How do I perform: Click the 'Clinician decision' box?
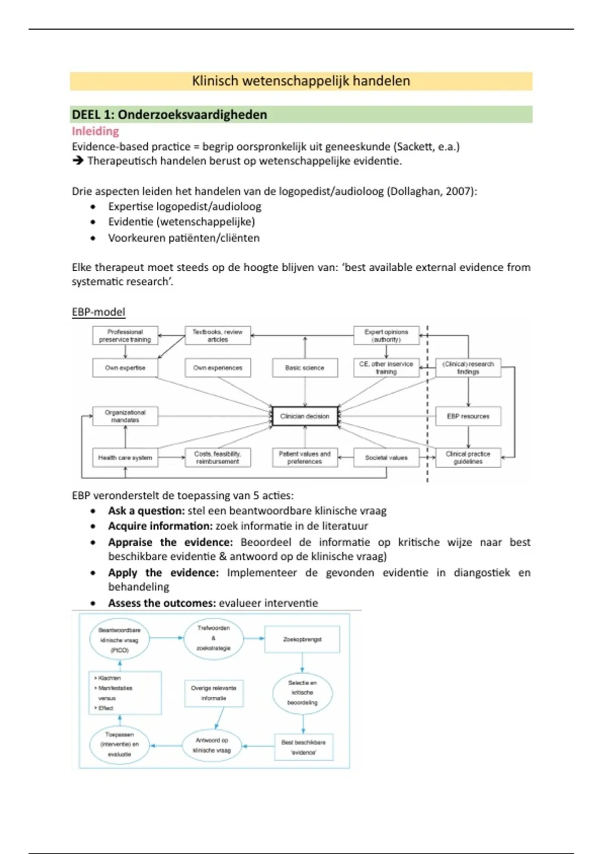pos(305,416)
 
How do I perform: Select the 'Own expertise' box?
pos(125,368)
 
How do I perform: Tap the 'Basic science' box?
pos(305,368)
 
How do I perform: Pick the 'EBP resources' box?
pos(468,416)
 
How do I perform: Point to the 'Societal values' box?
pos(386,458)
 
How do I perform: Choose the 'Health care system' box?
pos(125,458)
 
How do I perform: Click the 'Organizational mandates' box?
pos(125,416)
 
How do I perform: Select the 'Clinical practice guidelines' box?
pos(468,458)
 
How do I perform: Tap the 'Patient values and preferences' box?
pos(305,458)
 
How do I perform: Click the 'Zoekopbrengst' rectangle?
pos(302,639)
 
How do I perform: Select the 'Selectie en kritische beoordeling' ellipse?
pos(303,693)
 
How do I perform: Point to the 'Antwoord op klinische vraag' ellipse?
pos(212,745)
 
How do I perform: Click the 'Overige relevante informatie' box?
pos(214,693)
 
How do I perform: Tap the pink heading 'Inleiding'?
pos(95,131)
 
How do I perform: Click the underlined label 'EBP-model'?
pos(98,312)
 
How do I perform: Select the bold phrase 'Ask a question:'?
pos(146,511)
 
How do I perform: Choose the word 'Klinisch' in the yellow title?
pos(215,81)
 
